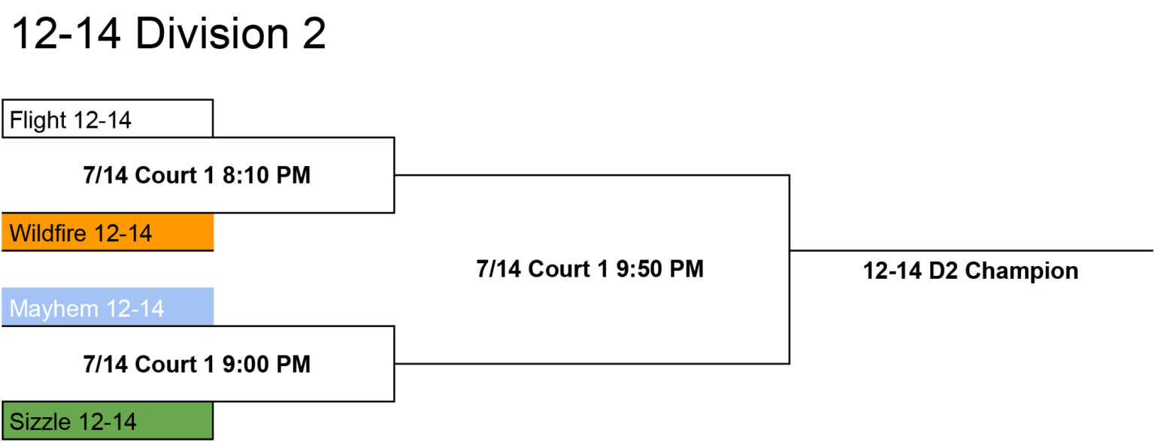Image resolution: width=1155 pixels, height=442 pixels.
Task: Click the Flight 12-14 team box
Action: tap(108, 119)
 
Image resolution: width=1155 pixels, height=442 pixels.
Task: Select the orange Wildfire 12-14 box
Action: tap(108, 232)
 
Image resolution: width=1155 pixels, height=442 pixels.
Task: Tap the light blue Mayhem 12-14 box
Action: tap(108, 307)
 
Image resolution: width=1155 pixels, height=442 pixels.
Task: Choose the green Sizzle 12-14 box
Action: tap(108, 421)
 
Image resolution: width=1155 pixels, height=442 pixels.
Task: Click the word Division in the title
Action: tap(212, 34)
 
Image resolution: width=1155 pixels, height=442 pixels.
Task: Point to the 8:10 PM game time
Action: tap(267, 175)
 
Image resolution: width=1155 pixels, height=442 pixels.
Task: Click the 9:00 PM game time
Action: tap(267, 365)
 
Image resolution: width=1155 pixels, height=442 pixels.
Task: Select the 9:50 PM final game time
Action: tap(660, 269)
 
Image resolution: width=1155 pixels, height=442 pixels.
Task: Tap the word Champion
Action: tap(1021, 271)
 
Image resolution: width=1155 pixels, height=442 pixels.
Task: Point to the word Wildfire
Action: tap(48, 233)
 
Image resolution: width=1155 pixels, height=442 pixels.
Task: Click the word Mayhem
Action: tap(54, 309)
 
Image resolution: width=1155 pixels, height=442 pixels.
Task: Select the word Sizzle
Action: tap(40, 422)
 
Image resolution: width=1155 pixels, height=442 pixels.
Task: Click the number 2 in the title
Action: tap(314, 34)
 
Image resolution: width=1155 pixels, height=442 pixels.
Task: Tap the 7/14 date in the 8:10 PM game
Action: tap(105, 175)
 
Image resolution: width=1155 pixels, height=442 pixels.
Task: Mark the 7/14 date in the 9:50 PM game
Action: tap(499, 269)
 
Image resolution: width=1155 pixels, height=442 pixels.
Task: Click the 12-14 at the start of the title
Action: tap(66, 34)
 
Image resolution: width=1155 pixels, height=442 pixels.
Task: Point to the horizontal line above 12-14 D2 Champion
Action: tap(972, 251)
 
